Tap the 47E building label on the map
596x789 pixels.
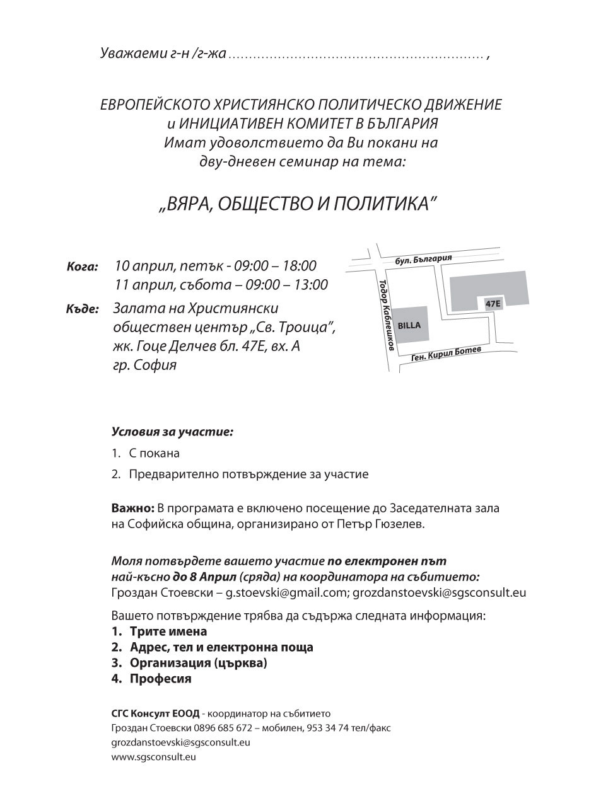coord(493,304)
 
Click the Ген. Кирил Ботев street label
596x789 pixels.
coord(446,354)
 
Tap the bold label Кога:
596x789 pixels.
coord(82,267)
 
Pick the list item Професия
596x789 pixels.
coord(160,679)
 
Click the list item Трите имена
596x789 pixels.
coord(168,631)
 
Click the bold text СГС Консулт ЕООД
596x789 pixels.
coord(155,713)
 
